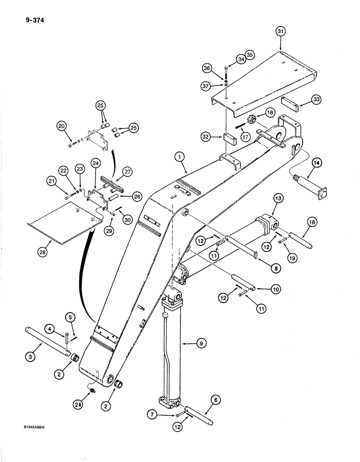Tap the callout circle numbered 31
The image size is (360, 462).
(281, 32)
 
